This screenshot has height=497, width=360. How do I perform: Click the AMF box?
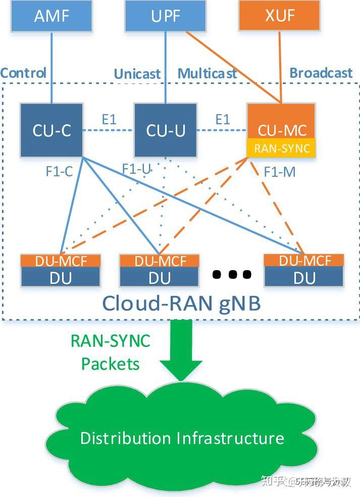(52, 16)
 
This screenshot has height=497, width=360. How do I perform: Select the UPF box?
(166, 16)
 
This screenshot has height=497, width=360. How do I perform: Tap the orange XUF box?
(279, 16)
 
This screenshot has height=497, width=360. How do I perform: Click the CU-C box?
(52, 130)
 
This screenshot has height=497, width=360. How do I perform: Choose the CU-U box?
(166, 130)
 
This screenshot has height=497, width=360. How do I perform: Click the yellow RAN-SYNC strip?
(281, 148)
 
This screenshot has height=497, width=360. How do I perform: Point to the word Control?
(23, 73)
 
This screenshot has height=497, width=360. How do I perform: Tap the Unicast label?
(137, 74)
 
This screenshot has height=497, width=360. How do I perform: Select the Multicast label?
(207, 74)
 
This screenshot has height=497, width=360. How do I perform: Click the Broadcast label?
(321, 73)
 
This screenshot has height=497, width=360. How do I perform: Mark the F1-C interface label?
(59, 171)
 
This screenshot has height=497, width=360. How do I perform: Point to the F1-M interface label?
(279, 172)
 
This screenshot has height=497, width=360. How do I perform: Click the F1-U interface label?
(136, 169)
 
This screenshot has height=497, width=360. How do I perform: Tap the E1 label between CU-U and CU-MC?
(222, 119)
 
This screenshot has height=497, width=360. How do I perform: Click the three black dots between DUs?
(232, 274)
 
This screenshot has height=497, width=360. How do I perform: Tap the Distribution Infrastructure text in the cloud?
(182, 437)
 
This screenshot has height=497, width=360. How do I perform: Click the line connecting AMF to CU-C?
(52, 66)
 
